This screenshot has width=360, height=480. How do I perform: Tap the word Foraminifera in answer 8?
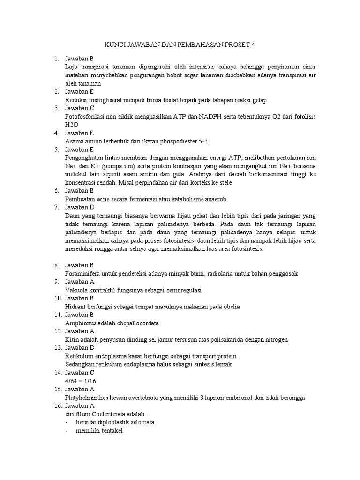pyautogui.click(x=83, y=273)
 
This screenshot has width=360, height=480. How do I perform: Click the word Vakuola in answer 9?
pyautogui.click(x=76, y=290)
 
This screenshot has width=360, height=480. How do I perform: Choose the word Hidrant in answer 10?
pyautogui.click(x=75, y=307)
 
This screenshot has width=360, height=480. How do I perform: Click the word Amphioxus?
pyautogui.click(x=80, y=323)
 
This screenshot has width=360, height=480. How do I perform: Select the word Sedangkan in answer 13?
pyautogui.click(x=80, y=364)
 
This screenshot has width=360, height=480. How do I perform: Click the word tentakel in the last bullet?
pyautogui.click(x=110, y=431)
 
